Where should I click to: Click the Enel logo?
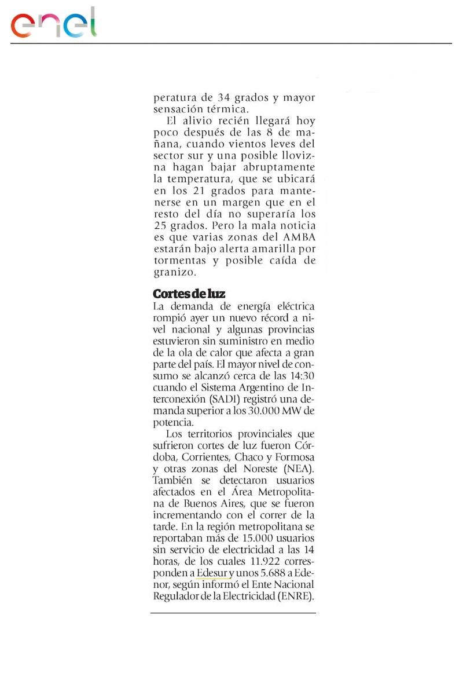coord(53,23)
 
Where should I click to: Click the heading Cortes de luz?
coord(189,294)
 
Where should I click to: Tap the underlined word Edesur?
coord(212,573)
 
